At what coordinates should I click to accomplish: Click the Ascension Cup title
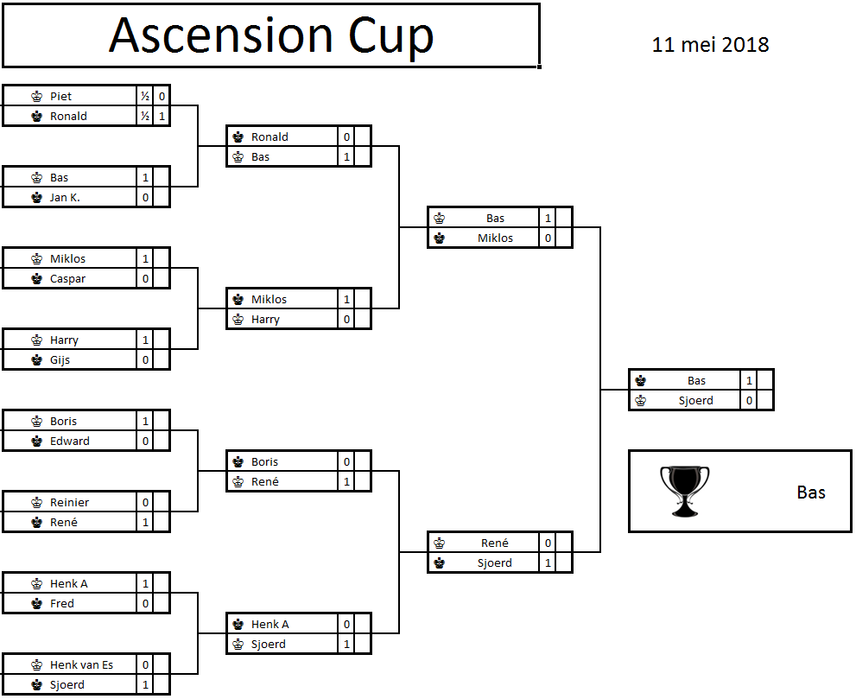click(271, 35)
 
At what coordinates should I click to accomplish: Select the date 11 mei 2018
click(710, 45)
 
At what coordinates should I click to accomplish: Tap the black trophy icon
click(684, 491)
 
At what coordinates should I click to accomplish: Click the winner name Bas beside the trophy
click(811, 492)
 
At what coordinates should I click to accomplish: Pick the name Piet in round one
click(60, 96)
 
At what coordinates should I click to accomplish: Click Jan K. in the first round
click(65, 197)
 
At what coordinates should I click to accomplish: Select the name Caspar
click(67, 278)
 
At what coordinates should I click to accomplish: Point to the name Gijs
click(60, 359)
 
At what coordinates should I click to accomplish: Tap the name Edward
click(69, 441)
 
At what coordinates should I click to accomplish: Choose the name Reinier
click(69, 502)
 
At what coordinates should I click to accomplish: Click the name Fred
click(61, 603)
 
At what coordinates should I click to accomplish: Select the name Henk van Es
click(81, 664)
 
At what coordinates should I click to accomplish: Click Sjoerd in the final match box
click(695, 400)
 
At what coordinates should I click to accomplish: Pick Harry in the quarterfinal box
click(265, 319)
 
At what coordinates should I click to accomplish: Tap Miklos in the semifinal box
click(495, 238)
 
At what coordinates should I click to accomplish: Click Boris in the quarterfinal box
click(264, 461)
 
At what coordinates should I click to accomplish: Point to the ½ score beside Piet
click(145, 96)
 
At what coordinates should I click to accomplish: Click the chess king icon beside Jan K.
click(36, 197)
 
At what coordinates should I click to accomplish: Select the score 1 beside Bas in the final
click(749, 380)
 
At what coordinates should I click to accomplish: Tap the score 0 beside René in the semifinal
click(548, 543)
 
